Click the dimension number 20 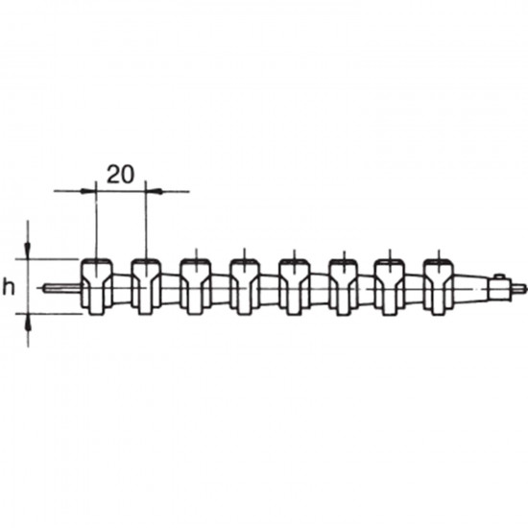coord(120,175)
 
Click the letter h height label coord(9,288)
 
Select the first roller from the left coord(97,287)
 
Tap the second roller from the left coord(146,287)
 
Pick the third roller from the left coord(196,287)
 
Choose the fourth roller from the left coord(245,287)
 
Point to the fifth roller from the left coord(294,287)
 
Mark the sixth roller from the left coord(343,287)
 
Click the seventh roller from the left coord(391,287)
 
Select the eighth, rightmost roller coord(439,287)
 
